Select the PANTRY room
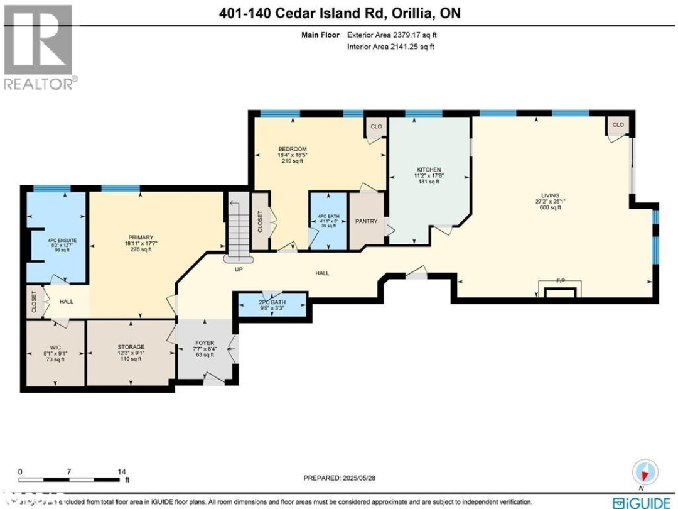click(366, 221)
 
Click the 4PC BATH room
click(327, 221)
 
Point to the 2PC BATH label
click(272, 302)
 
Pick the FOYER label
click(205, 344)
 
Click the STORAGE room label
click(131, 347)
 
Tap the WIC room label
click(55, 347)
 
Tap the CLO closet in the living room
click(618, 125)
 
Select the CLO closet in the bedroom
click(376, 126)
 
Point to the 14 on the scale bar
click(122, 471)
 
